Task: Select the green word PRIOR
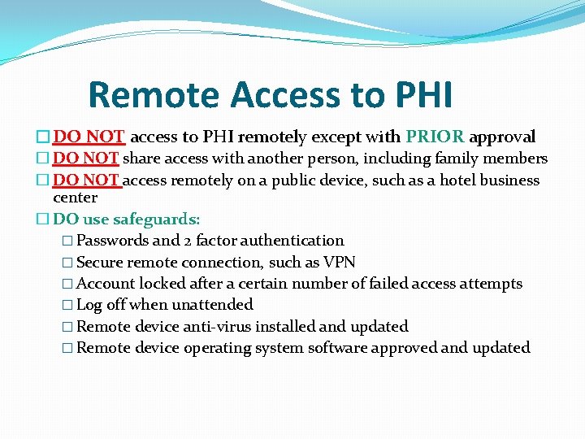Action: click(x=435, y=137)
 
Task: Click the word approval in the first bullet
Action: click(x=502, y=137)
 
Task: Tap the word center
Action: click(x=75, y=198)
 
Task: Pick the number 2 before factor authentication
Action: click(x=188, y=241)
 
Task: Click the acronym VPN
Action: click(x=340, y=262)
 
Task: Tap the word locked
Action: click(x=161, y=284)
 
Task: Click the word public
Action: click(x=306, y=180)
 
